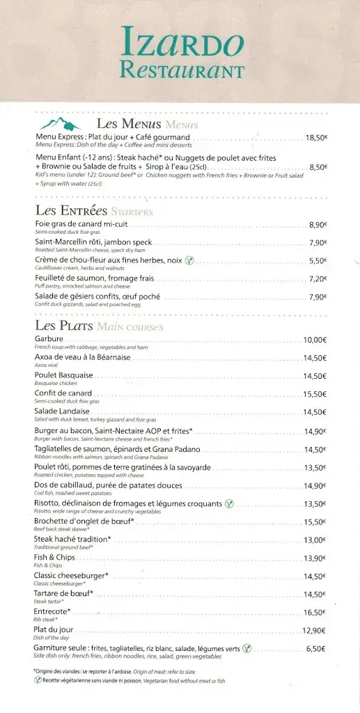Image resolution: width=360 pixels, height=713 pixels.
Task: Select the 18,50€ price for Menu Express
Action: pyautogui.click(x=316, y=138)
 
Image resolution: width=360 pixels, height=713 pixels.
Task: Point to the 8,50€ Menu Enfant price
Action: pyautogui.click(x=318, y=167)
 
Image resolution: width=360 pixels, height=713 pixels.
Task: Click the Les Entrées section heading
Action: pyautogui.click(x=71, y=210)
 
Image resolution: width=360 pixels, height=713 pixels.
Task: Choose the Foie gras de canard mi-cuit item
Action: pyautogui.click(x=82, y=224)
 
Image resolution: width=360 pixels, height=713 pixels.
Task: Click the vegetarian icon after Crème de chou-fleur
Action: pyautogui.click(x=189, y=260)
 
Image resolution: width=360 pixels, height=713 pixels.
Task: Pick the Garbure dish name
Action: pyautogui.click(x=49, y=339)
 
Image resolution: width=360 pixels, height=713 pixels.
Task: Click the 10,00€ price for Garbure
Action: pyautogui.click(x=315, y=340)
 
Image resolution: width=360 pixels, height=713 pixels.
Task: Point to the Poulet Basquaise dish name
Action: pyautogui.click(x=63, y=375)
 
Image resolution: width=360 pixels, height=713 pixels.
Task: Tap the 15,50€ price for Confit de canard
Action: pyautogui.click(x=315, y=394)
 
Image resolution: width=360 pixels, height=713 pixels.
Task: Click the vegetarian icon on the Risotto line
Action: pyautogui.click(x=228, y=503)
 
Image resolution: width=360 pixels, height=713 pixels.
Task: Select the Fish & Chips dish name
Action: pyautogui.click(x=54, y=558)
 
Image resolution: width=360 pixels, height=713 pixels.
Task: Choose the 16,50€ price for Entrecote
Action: pyautogui.click(x=315, y=613)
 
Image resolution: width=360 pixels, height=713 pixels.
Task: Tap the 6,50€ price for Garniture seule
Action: pyautogui.click(x=316, y=648)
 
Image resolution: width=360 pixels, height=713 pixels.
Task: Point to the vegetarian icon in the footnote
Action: pyautogui.click(x=38, y=680)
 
